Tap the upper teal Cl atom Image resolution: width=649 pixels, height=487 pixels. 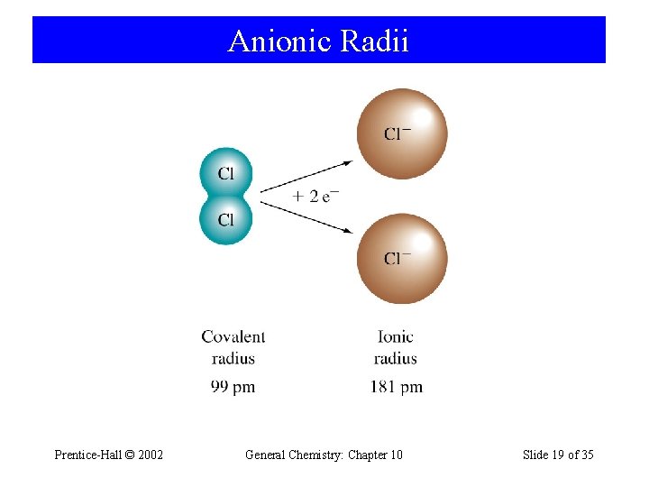pos(225,173)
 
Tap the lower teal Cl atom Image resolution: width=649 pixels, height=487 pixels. pos(225,219)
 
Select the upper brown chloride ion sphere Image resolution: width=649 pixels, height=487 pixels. pos(401,133)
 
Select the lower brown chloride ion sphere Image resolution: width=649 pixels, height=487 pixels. pos(401,259)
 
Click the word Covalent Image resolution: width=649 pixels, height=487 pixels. pos(233,337)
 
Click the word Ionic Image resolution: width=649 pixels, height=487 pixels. pos(396,337)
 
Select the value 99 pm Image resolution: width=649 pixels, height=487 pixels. pos(233,387)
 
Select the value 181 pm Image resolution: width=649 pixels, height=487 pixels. pos(396,387)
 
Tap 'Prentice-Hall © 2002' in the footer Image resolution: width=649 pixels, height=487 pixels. pos(109,455)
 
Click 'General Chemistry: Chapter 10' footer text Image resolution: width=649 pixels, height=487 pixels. pos(324,455)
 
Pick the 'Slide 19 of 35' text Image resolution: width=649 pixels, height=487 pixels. pos(558,455)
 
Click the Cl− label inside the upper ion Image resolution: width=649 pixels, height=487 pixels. pos(398,134)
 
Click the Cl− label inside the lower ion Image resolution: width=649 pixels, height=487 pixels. pos(398,259)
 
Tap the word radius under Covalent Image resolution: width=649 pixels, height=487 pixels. pos(233,359)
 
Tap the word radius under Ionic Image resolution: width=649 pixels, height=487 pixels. pos(396,359)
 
